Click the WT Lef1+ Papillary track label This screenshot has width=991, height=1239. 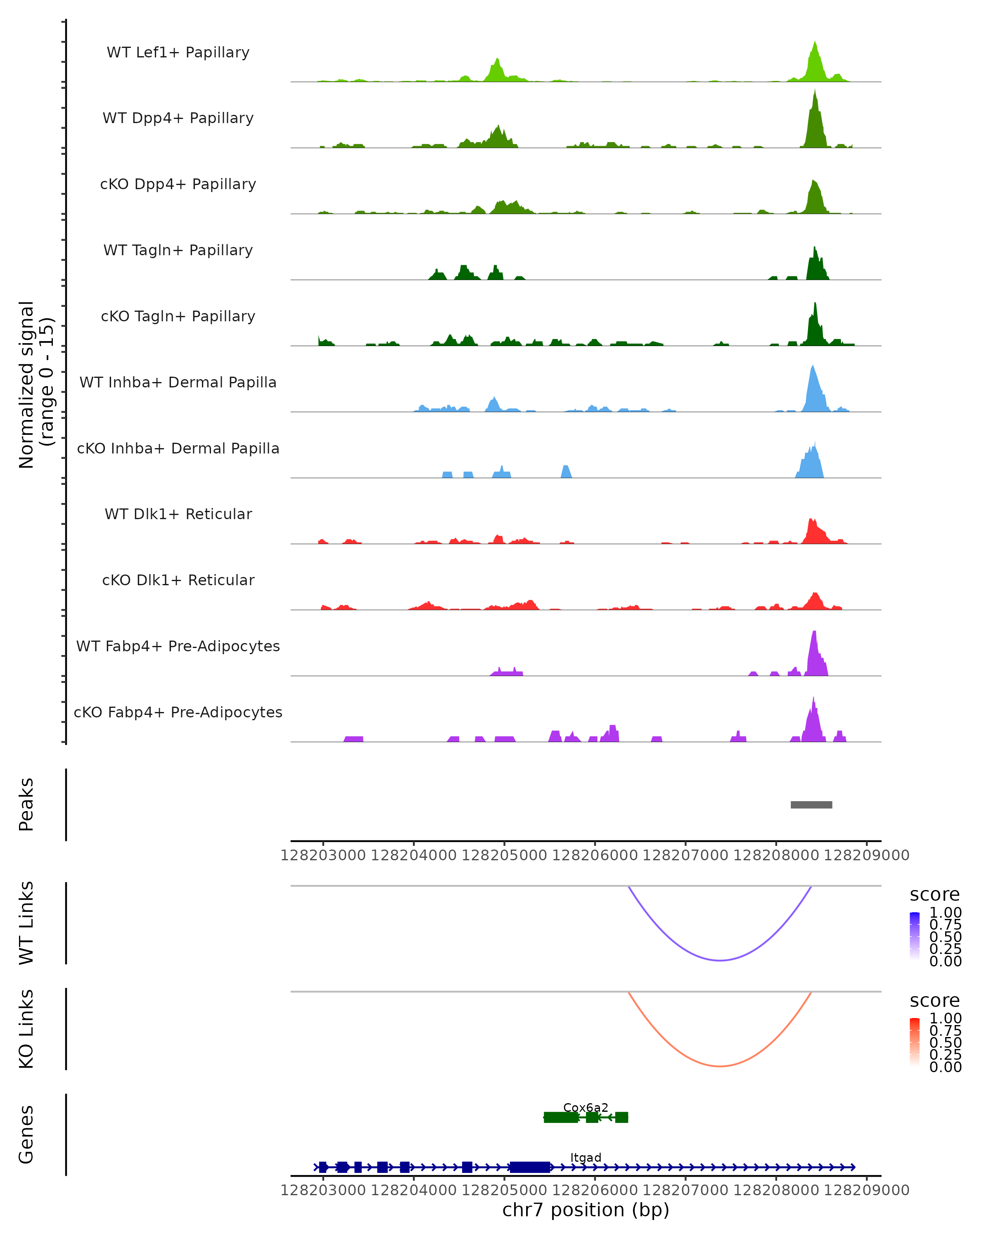(178, 52)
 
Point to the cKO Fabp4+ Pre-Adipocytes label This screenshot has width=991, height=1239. (178, 712)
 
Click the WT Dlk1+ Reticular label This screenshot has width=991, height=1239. (178, 514)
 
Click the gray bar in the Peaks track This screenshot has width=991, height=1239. (811, 805)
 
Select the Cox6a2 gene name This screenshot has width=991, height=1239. (586, 1107)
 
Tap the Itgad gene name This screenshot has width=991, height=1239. (586, 1157)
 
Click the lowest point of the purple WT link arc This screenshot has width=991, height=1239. (720, 960)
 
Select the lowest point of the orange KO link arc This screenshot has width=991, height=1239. (720, 1066)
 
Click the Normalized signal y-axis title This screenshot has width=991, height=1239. (36, 385)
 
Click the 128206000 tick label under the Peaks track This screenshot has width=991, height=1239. (595, 855)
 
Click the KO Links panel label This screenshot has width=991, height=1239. (26, 1029)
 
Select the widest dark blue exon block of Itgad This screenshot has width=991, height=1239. (530, 1167)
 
